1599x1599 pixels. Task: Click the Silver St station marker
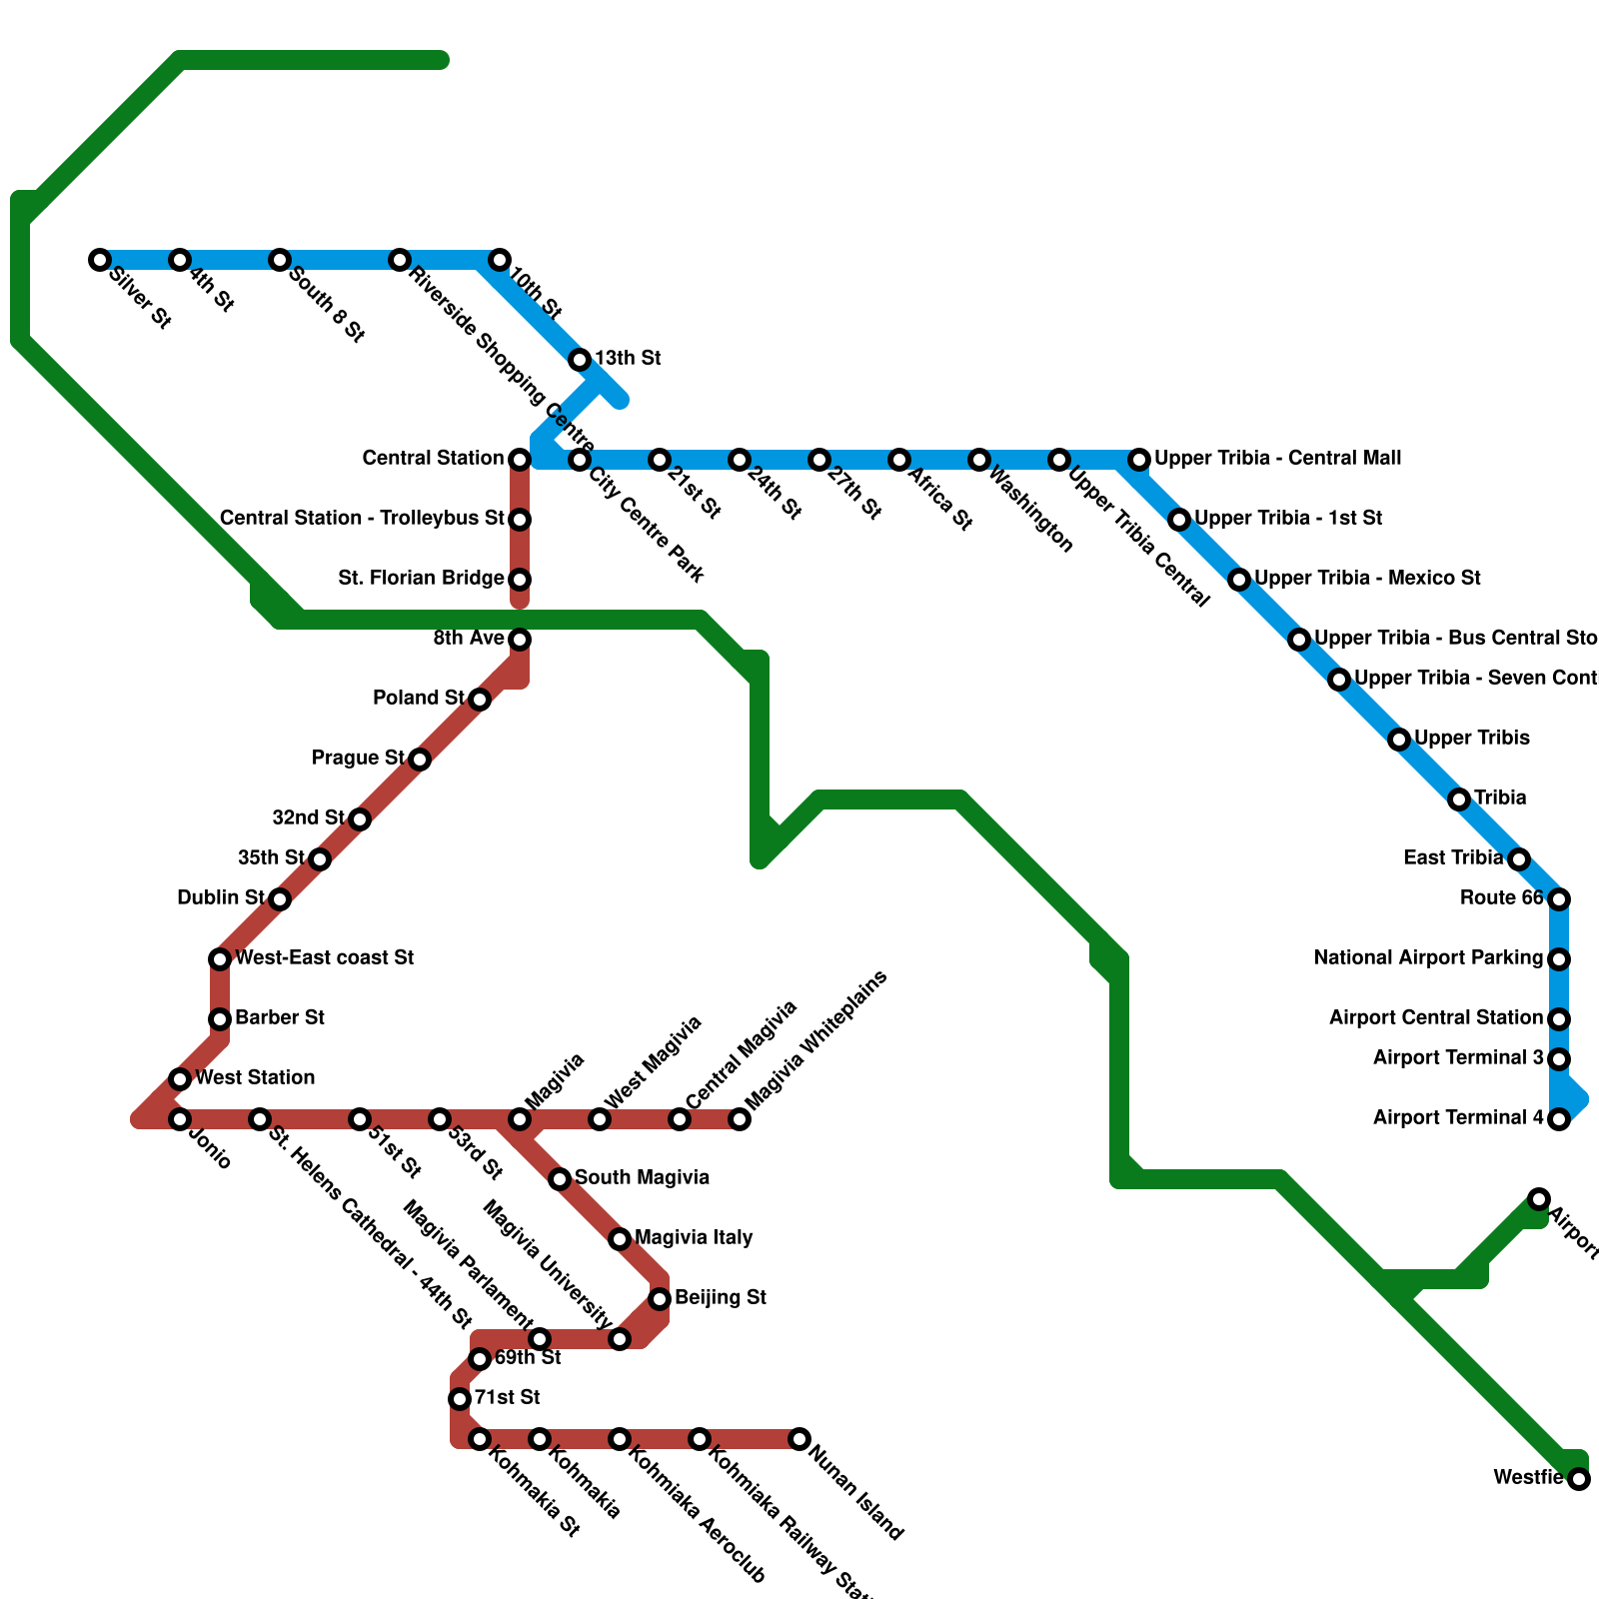[x=100, y=260]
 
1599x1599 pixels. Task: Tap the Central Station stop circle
[x=520, y=460]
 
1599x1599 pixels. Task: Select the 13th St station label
[x=628, y=358]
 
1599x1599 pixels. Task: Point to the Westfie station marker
[x=1579, y=1479]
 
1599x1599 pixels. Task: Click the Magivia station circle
[x=520, y=1119]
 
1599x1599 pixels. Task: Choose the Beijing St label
[x=720, y=1297]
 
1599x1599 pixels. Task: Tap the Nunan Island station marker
[x=799, y=1439]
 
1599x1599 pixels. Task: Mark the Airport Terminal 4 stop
[x=1559, y=1119]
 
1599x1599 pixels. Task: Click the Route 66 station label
[x=1501, y=897]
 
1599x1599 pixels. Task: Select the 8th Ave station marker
[x=520, y=640]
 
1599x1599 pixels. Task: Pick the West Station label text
[x=255, y=1077]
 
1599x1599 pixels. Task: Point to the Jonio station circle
[x=180, y=1119]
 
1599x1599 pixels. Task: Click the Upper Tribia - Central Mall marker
[x=1139, y=460]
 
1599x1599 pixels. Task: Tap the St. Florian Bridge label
[x=421, y=578]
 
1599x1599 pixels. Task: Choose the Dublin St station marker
[x=281, y=899]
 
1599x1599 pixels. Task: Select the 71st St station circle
[x=460, y=1399]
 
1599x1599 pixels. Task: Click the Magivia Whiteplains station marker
[x=740, y=1119]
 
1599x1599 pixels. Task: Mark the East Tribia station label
[x=1452, y=857]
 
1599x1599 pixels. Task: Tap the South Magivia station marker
[x=560, y=1179]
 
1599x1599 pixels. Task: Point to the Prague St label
[x=358, y=758]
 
